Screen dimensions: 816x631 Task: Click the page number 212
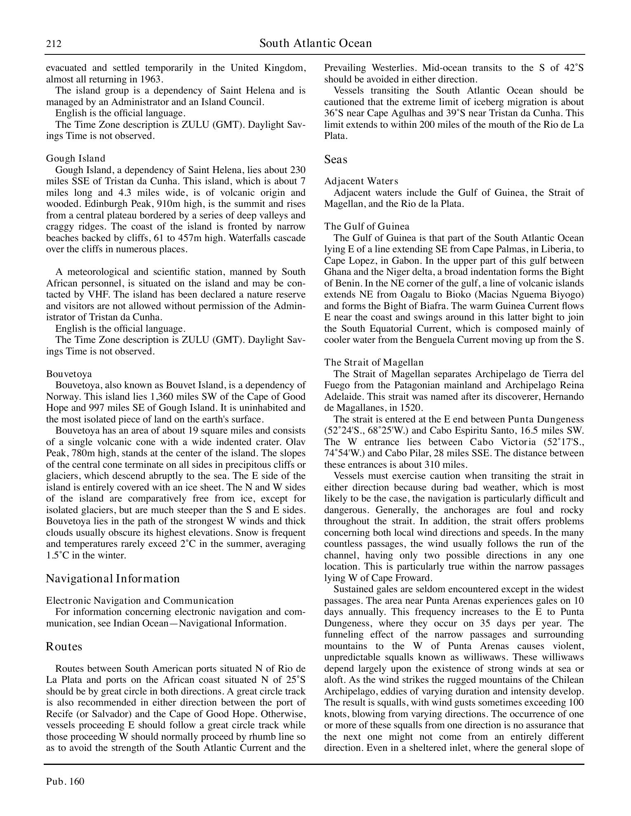point(54,44)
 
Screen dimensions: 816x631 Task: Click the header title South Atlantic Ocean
point(315,43)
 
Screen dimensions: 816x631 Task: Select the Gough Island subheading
point(75,159)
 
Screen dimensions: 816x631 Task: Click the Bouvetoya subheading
point(69,374)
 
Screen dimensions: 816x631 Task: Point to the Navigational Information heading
point(113,579)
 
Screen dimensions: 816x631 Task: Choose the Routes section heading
point(64,646)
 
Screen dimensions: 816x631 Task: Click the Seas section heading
point(336,159)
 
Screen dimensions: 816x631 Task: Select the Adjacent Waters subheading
point(361,181)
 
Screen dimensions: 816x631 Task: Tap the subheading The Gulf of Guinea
point(367,227)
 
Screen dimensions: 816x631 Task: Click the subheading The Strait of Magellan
point(374,363)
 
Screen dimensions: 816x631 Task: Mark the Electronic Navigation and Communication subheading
point(140,600)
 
